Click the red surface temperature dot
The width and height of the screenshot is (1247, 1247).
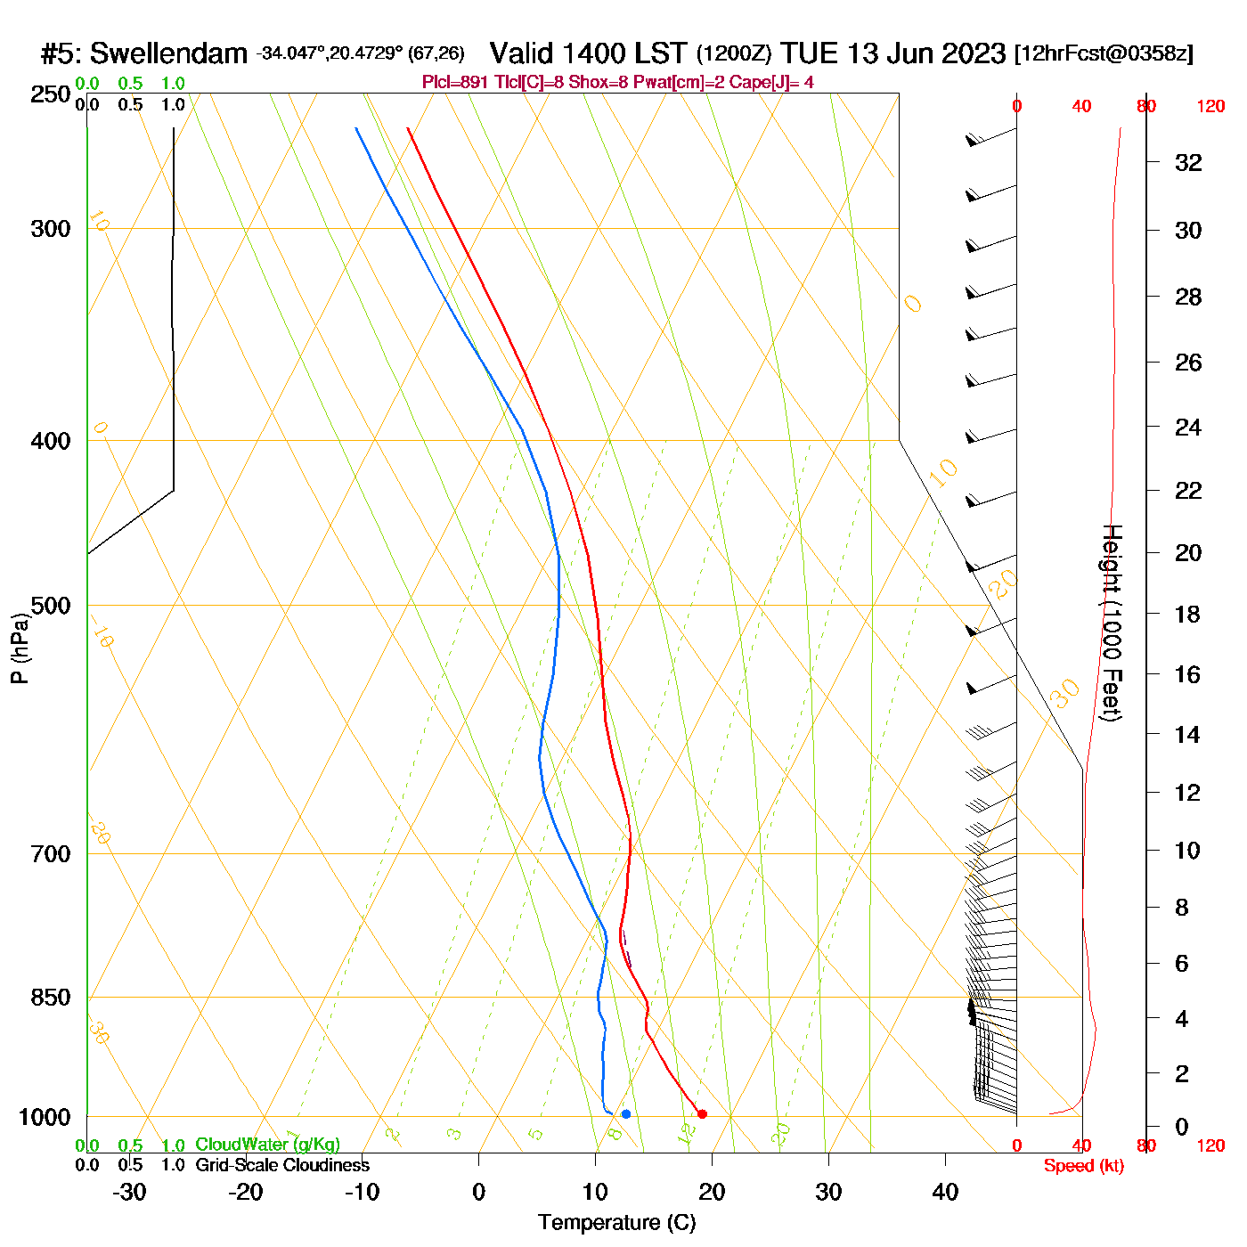702,1113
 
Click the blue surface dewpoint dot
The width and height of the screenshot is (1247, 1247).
626,1113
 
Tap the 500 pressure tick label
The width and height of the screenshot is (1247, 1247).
51,606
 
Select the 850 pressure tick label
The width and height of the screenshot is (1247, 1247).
51,998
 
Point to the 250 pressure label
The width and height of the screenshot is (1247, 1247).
51,94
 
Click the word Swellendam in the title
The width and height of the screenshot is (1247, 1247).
168,53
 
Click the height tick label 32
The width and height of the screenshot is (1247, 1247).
1188,162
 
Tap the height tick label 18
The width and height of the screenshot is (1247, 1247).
1187,614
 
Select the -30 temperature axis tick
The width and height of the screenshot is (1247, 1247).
129,1192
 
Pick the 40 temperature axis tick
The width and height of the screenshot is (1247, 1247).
945,1192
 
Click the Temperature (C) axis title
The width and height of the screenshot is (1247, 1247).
616,1223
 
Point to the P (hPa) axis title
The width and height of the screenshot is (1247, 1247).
20,648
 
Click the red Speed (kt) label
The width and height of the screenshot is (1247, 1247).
1083,1166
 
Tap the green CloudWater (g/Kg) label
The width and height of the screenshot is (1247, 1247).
267,1145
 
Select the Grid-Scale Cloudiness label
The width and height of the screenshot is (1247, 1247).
282,1165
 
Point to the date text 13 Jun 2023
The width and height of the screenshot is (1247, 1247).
926,53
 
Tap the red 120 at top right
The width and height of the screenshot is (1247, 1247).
1210,106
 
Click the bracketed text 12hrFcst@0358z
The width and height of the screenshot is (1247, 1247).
1104,53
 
